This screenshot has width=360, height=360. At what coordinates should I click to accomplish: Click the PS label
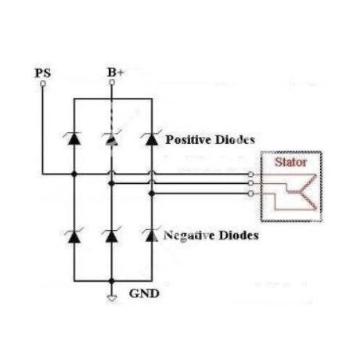pyautogui.click(x=43, y=73)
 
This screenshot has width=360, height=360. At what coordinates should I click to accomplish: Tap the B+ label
pyautogui.click(x=115, y=73)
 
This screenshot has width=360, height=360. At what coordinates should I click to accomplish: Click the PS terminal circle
pyautogui.click(x=43, y=84)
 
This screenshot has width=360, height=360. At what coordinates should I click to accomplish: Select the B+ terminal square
pyautogui.click(x=112, y=82)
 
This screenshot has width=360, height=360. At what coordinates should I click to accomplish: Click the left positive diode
pyautogui.click(x=74, y=139)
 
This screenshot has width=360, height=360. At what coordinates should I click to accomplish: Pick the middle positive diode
pyautogui.click(x=111, y=139)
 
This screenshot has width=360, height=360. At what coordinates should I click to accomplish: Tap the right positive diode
pyautogui.click(x=152, y=138)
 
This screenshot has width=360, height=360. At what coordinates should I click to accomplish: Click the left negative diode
pyautogui.click(x=74, y=236)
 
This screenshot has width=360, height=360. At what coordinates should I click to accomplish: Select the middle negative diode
pyautogui.click(x=111, y=236)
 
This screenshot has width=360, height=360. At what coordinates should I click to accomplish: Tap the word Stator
pyautogui.click(x=291, y=162)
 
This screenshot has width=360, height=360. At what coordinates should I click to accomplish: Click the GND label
pyautogui.click(x=144, y=293)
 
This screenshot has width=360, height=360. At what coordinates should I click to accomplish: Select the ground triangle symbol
pyautogui.click(x=112, y=298)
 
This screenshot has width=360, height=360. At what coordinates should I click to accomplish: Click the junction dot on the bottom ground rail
pyautogui.click(x=112, y=281)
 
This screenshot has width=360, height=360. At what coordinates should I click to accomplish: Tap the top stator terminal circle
pyautogui.click(x=250, y=174)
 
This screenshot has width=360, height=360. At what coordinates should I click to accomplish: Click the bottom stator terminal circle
pyautogui.click(x=250, y=193)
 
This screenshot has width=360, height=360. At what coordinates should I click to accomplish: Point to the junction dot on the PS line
pyautogui.click(x=74, y=174)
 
